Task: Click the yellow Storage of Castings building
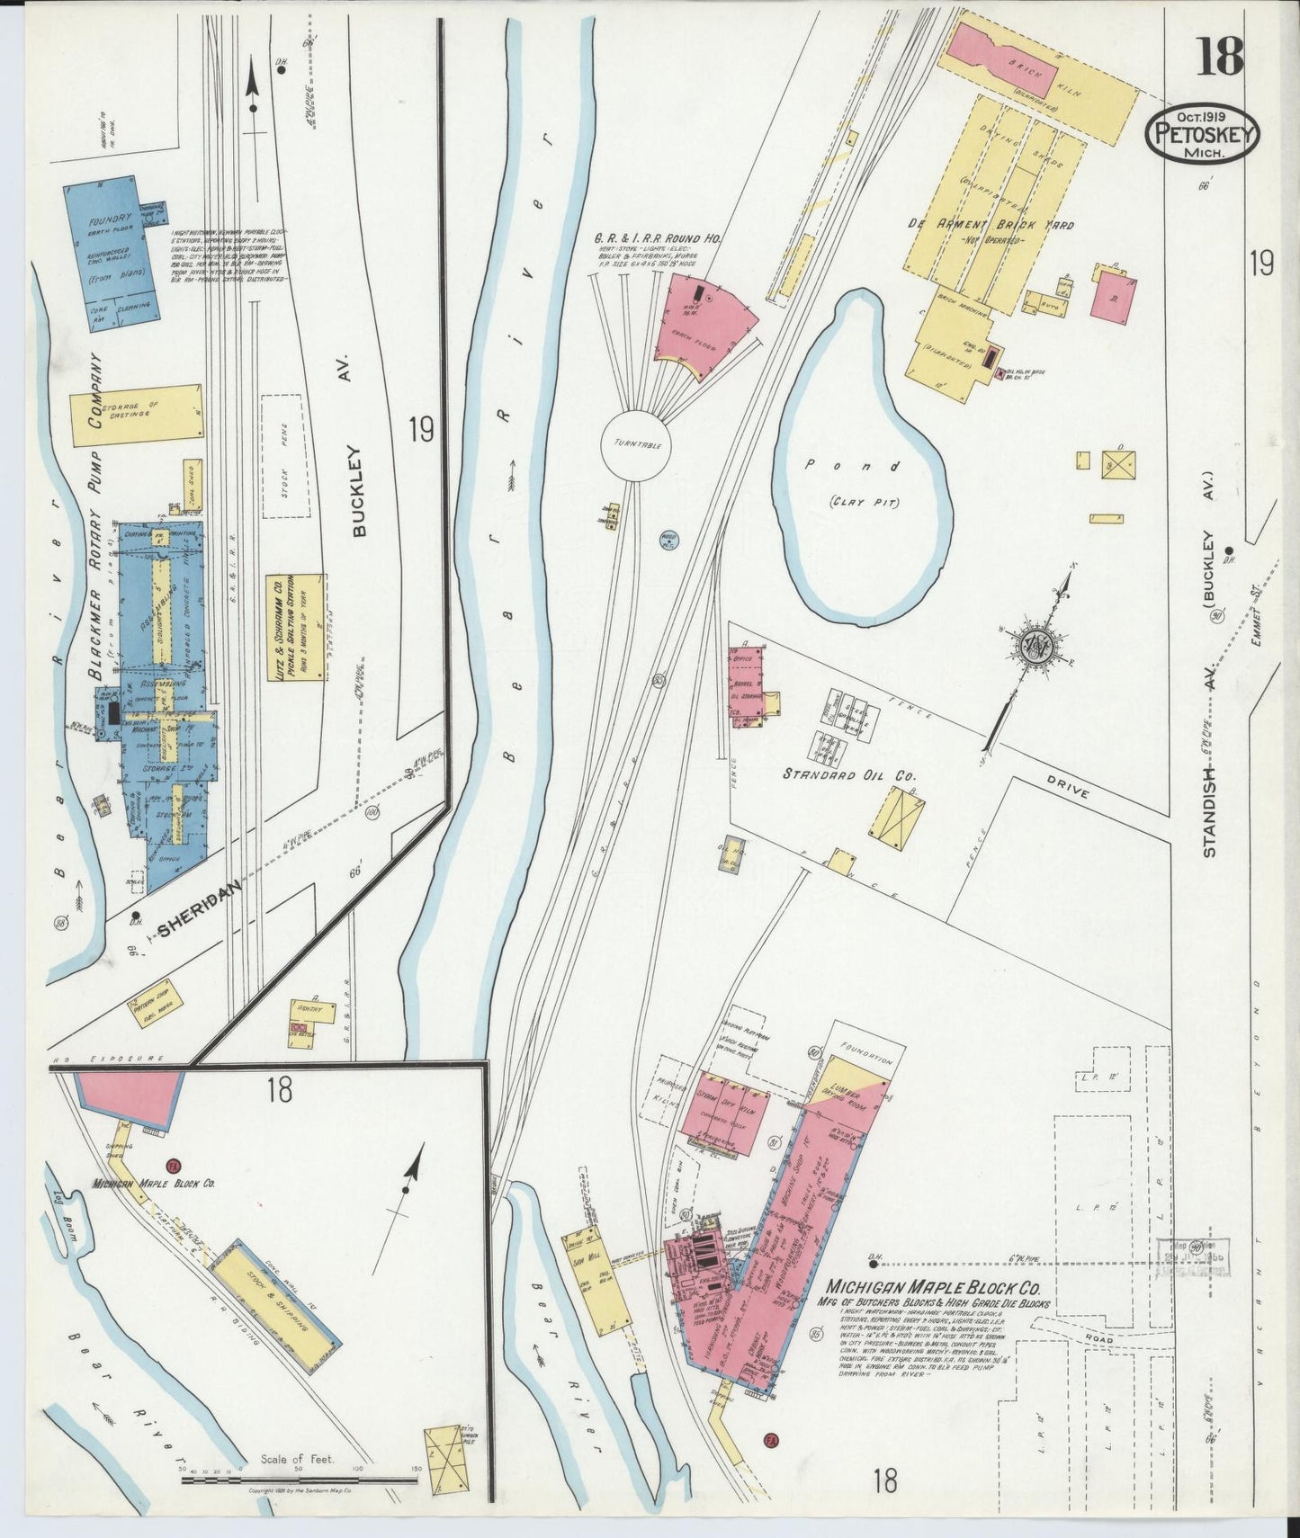click(137, 415)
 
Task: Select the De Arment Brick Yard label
click(989, 225)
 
